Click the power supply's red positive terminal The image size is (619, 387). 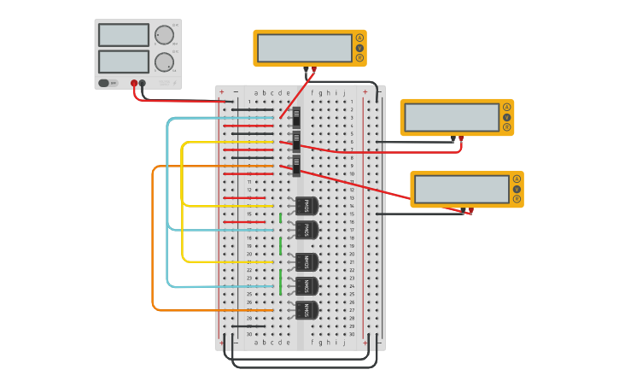(x=134, y=84)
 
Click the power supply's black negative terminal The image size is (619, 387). (x=143, y=84)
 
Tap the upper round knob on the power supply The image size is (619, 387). (x=164, y=35)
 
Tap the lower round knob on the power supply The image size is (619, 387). (x=164, y=62)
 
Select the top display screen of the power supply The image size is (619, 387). (x=124, y=35)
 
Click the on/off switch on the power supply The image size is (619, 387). (x=104, y=83)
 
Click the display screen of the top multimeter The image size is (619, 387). (x=305, y=48)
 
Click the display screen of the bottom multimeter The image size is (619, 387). (x=462, y=189)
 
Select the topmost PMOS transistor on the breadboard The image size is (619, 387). (x=306, y=206)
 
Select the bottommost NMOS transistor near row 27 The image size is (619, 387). (x=306, y=310)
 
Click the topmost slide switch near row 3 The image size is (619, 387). (x=296, y=116)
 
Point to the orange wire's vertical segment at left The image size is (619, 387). (x=153, y=239)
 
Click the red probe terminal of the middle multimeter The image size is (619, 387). (x=461, y=137)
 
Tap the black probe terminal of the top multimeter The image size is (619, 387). (x=306, y=68)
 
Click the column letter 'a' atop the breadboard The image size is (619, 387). (x=256, y=92)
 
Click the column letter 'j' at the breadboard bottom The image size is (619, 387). (x=344, y=342)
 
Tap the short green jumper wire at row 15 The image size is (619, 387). (x=281, y=218)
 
